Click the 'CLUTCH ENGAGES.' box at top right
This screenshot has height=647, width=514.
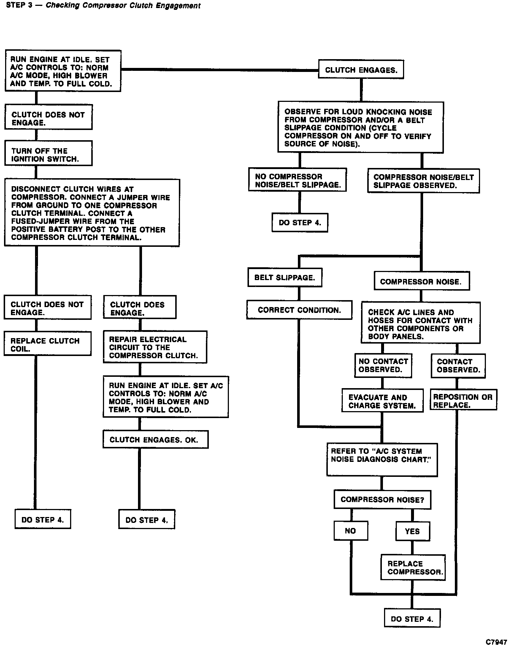tap(361, 69)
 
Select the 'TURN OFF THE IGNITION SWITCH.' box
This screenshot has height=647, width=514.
tap(48, 153)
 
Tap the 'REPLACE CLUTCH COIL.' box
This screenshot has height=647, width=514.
tap(47, 344)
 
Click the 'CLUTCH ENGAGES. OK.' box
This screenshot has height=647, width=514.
tap(156, 440)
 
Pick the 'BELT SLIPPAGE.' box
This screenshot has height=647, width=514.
tap(285, 277)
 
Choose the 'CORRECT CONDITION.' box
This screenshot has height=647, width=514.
tap(299, 310)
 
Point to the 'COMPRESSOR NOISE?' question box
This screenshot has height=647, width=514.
tap(382, 499)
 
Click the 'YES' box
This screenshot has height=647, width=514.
tap(413, 531)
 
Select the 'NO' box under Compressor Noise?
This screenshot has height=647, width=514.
tap(350, 531)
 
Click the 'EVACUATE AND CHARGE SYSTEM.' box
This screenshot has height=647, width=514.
tap(382, 401)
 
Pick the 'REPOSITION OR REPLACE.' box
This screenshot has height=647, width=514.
tap(463, 400)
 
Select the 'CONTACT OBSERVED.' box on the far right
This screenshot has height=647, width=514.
tap(458, 365)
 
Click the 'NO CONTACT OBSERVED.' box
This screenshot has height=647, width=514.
tap(383, 365)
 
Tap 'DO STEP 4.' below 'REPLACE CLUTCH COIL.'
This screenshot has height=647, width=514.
tap(43, 519)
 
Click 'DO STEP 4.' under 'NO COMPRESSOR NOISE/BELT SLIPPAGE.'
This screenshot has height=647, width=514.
tap(300, 222)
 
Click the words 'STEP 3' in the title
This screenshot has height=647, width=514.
tap(19, 5)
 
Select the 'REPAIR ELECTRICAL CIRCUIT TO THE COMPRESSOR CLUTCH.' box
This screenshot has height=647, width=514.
tap(155, 347)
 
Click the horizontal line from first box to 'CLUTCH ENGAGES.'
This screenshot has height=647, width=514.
tap(219, 69)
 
